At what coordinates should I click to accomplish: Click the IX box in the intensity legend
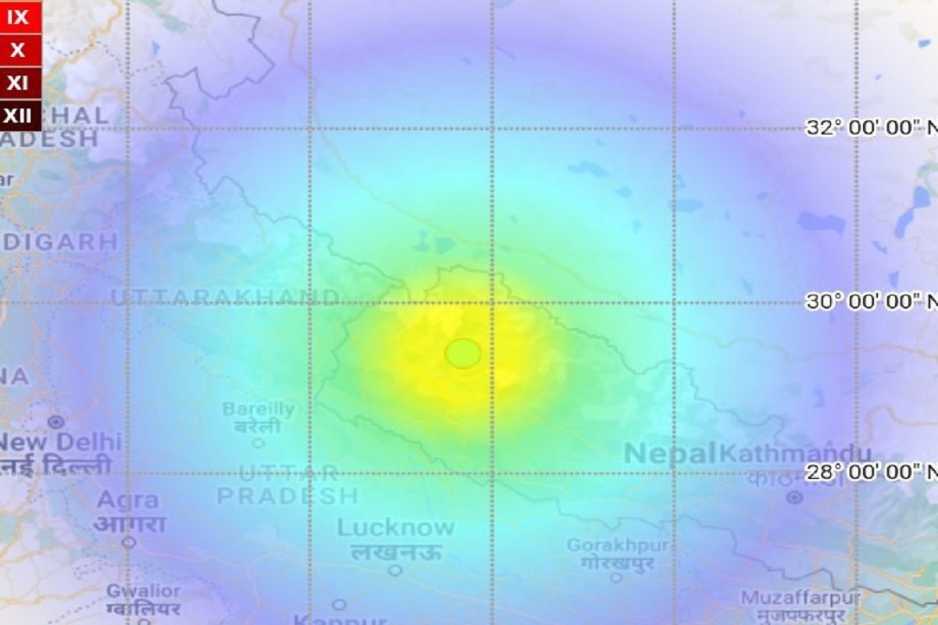point(18,17)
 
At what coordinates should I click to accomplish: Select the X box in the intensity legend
point(18,51)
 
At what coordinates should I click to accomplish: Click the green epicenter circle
point(463,353)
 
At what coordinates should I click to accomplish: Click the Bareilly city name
point(258,409)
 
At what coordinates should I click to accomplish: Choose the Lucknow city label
point(396,528)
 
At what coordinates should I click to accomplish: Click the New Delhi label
point(59,442)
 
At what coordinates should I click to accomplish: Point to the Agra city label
point(128,500)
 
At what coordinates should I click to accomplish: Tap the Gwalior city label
point(143,591)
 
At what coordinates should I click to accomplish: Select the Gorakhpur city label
point(618,545)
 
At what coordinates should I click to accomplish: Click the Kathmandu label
point(795,454)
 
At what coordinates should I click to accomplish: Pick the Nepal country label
point(670,454)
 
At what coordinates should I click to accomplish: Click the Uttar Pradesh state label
point(288,484)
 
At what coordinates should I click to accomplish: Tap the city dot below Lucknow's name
point(396,570)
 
